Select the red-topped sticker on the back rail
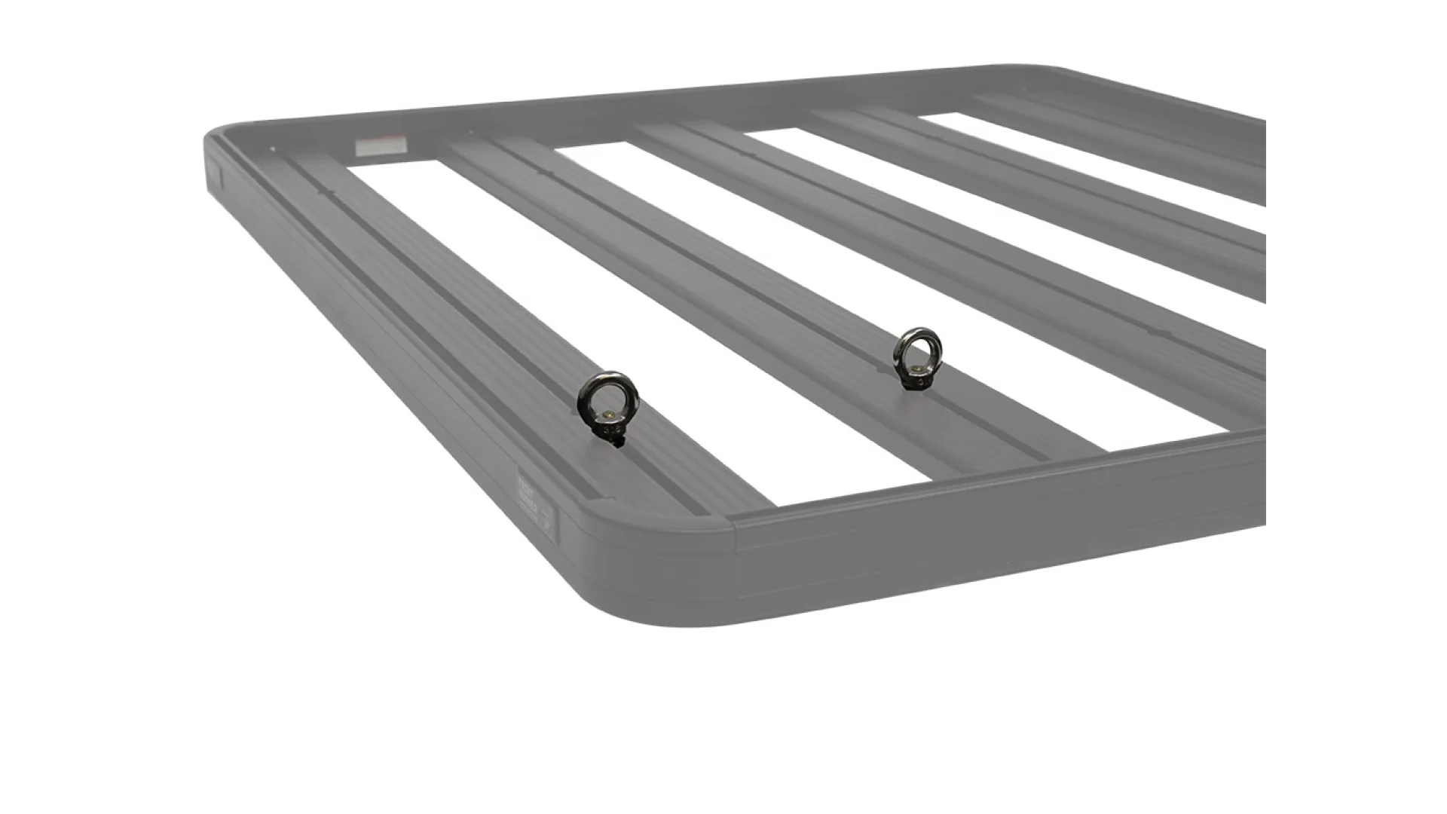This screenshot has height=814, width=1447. [x=380, y=146]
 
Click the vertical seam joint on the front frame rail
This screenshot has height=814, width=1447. [x=735, y=558]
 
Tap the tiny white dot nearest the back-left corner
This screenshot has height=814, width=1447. [x=272, y=149]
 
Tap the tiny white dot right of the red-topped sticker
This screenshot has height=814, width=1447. [x=470, y=133]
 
